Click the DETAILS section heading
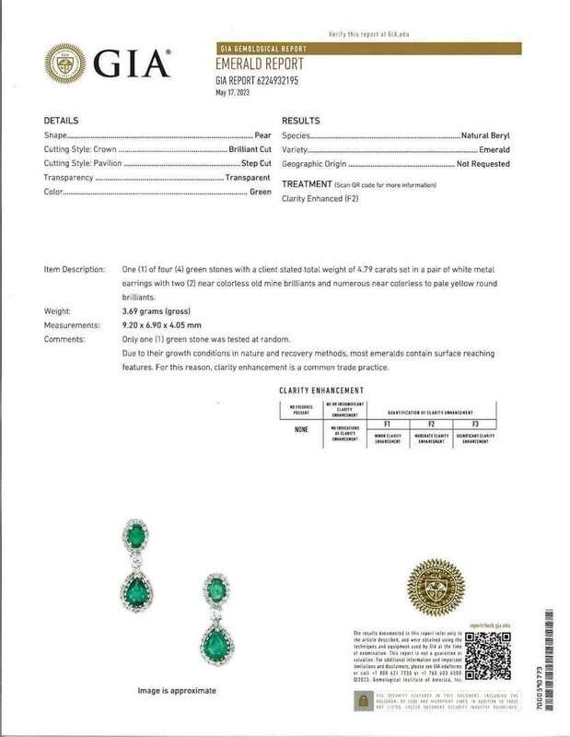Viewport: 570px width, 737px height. click(x=61, y=122)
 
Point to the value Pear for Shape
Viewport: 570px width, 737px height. click(x=262, y=135)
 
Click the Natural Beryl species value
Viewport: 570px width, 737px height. click(x=496, y=135)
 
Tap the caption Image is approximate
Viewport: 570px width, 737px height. click(x=177, y=690)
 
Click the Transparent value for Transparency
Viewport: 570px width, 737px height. click(x=248, y=177)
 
